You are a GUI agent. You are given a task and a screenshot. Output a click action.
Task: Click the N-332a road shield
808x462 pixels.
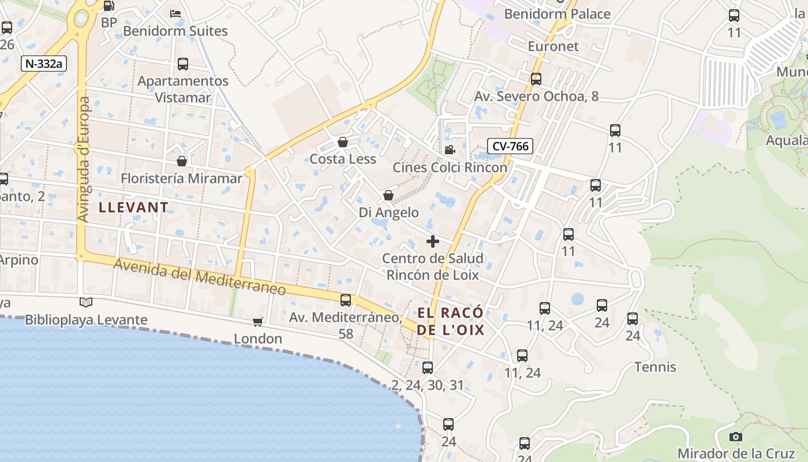coord(44,64)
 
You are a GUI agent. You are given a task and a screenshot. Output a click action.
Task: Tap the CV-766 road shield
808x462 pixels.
coord(510,146)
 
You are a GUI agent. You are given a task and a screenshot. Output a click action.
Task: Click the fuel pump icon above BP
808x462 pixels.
coord(109,6)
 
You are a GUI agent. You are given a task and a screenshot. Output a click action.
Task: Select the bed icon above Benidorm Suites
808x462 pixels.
coord(175,14)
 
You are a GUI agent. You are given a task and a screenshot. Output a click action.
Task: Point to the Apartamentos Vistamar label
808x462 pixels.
coord(183,89)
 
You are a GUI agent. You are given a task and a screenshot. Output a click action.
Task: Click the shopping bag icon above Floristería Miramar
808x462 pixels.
coord(182,161)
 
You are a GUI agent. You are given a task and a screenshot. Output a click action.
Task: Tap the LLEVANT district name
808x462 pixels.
coord(133,207)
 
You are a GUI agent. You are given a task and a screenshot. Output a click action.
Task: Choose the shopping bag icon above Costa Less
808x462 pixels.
coord(343,142)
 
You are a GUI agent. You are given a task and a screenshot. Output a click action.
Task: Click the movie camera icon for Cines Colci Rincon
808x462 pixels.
coord(450,150)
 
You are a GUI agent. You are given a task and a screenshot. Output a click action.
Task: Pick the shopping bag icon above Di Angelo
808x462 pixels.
coord(388,196)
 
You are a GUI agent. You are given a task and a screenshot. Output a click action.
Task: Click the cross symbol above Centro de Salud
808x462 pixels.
coord(432,241)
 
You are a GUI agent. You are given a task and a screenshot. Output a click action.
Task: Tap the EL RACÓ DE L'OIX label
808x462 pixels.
coord(451,322)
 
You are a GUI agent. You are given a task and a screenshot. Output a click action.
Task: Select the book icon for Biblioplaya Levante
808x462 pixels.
coord(86,302)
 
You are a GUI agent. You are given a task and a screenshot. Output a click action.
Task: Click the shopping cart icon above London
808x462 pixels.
coord(258,322)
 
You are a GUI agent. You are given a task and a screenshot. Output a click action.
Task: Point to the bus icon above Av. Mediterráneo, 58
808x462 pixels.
coord(346,300)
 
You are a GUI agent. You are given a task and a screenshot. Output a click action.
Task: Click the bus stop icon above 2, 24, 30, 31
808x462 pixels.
coord(427,367)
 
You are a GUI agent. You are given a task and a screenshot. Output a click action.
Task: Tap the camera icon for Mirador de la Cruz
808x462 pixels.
coord(735,437)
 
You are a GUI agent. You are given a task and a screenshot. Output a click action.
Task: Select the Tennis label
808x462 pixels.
coord(655,367)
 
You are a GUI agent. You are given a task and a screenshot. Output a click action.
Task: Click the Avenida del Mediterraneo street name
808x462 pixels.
coord(200,277)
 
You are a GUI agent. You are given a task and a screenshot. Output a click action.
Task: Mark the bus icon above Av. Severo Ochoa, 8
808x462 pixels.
coord(536,79)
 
